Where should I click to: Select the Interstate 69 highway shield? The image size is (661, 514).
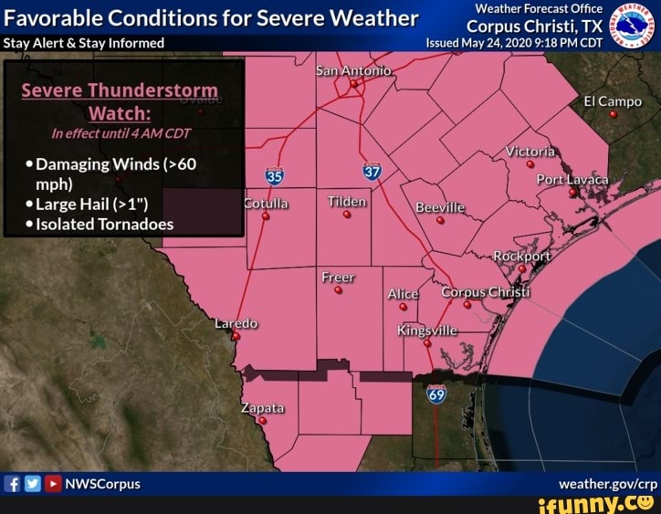coord(436,394)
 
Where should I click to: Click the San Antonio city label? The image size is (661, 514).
coord(353,71)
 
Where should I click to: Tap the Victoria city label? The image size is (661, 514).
coord(530,151)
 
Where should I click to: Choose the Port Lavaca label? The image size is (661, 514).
coord(572,179)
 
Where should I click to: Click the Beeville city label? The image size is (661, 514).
coord(440,207)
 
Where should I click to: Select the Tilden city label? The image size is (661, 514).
coord(347,202)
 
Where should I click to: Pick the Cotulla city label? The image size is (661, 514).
coord(266,204)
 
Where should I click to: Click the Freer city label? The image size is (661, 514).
coord(338,278)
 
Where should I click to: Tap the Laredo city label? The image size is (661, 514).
coord(236,323)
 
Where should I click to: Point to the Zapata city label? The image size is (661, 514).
coord(263,407)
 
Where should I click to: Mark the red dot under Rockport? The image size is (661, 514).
coord(521,268)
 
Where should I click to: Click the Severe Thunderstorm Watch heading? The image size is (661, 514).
coord(120,101)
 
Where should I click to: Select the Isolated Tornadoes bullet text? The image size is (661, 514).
coord(104,224)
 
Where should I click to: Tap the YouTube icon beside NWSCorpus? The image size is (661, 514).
coord(53,483)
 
